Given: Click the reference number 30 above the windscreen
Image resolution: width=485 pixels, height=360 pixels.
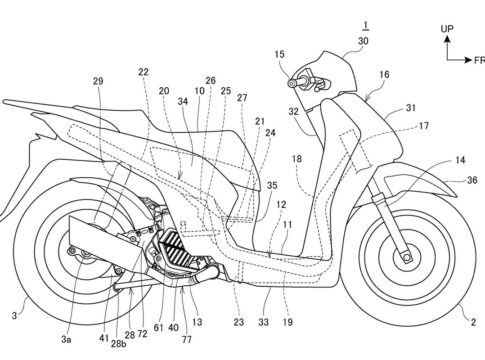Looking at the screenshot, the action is [363, 41].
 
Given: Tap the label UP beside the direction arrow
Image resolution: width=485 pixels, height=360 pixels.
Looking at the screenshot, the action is [447, 29].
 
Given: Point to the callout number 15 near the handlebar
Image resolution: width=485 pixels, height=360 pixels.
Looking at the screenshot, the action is [279, 54].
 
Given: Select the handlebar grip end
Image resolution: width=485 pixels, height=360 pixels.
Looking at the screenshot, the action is [292, 84].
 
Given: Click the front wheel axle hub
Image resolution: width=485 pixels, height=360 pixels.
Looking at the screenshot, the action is [406, 257].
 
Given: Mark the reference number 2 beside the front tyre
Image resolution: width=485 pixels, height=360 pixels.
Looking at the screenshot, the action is [473, 322].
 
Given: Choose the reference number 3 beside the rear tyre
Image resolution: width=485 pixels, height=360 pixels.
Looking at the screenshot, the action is [14, 315].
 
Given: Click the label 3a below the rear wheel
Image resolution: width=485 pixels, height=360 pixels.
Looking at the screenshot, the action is [66, 339].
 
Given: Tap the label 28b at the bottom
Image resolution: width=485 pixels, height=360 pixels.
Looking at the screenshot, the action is [119, 344].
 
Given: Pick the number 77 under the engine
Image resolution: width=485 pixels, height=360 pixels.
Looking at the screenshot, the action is [187, 339].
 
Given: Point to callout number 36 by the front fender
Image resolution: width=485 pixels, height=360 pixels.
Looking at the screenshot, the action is [472, 180].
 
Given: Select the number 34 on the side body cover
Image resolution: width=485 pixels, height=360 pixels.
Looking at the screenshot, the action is [183, 102].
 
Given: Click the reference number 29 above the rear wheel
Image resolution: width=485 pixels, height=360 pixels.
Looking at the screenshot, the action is [98, 81].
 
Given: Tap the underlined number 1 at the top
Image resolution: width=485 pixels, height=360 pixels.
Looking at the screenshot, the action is [366, 25].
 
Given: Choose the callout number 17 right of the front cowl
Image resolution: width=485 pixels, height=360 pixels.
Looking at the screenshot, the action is [424, 126].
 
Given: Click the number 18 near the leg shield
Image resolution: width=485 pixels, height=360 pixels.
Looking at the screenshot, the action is [297, 159].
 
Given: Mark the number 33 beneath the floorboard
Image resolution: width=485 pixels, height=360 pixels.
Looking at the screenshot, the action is [263, 322].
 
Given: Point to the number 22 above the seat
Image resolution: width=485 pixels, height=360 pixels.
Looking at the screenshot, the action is [143, 72].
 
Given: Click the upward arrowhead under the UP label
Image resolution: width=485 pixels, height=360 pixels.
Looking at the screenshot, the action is [447, 39].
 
